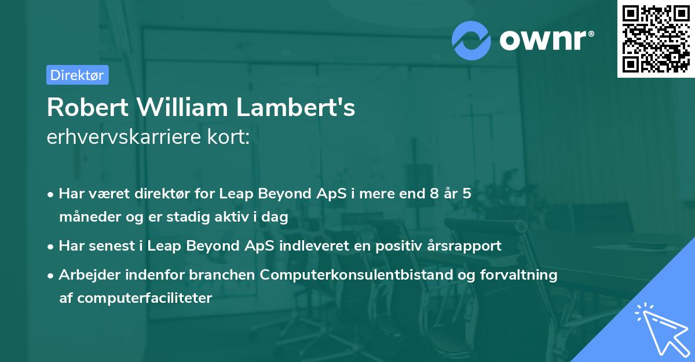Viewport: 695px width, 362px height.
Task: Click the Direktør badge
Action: click(77, 75)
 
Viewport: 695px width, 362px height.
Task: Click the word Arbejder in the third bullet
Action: click(85, 274)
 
